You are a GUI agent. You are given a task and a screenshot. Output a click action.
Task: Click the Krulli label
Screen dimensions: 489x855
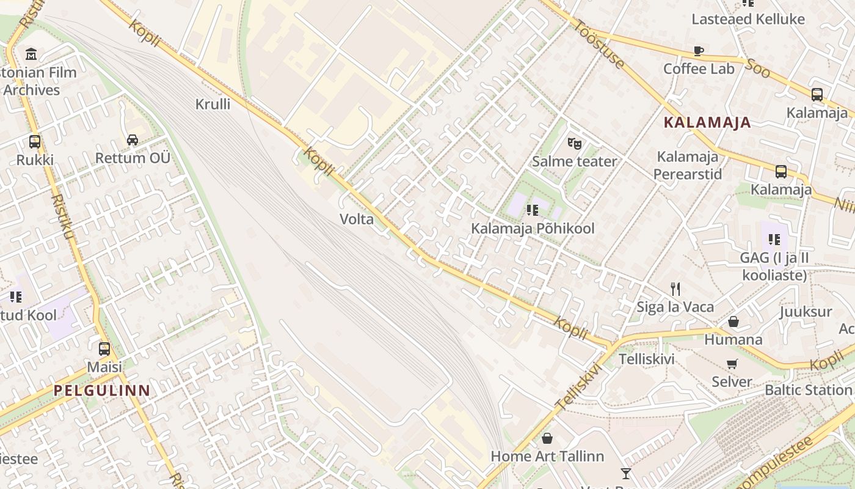pyautogui.click(x=213, y=104)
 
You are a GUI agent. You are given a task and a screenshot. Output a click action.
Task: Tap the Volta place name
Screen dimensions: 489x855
pyautogui.click(x=357, y=219)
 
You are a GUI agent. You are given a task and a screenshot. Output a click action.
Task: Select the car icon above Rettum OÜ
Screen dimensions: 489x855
pyautogui.click(x=133, y=140)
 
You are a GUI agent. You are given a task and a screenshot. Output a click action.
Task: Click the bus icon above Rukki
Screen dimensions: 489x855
pyautogui.click(x=35, y=142)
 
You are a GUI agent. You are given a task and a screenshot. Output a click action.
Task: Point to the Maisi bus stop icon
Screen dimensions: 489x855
pyautogui.click(x=104, y=349)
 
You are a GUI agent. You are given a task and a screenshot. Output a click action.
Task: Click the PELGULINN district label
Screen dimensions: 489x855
pyautogui.click(x=101, y=390)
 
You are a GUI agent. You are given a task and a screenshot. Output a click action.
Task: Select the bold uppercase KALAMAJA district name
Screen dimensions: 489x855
pyautogui.click(x=707, y=122)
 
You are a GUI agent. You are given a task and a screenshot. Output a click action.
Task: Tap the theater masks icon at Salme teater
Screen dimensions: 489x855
pyautogui.click(x=574, y=144)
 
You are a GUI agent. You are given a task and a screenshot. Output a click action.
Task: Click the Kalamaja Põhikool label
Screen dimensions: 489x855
pyautogui.click(x=533, y=229)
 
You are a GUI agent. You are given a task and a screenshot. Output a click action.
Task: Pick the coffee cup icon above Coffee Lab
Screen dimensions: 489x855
pyautogui.click(x=699, y=51)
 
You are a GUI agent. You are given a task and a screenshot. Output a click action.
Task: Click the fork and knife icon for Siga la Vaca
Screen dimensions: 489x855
pyautogui.click(x=675, y=289)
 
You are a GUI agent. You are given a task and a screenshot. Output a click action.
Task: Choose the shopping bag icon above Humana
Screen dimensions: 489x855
pyautogui.click(x=733, y=322)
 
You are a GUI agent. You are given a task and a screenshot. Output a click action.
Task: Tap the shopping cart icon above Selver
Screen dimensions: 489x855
pyautogui.click(x=732, y=364)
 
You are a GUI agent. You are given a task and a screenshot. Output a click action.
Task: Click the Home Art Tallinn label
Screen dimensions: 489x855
pyautogui.click(x=547, y=456)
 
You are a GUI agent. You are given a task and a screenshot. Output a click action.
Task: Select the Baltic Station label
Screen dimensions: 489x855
pyautogui.click(x=808, y=389)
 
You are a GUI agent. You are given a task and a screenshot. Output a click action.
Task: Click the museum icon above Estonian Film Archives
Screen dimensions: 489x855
pyautogui.click(x=31, y=54)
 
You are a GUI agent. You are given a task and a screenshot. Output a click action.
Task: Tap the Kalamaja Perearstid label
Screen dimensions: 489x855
pyautogui.click(x=688, y=166)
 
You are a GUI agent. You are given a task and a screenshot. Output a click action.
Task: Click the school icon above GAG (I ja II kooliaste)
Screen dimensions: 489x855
pyautogui.click(x=774, y=240)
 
